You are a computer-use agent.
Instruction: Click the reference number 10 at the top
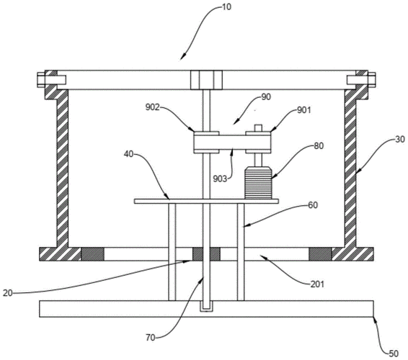(x=226, y=7)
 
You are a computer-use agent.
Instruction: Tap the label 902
(x=153, y=107)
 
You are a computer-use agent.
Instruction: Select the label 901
(x=304, y=110)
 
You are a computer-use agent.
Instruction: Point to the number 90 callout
(x=266, y=97)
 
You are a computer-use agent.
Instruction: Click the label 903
(x=221, y=179)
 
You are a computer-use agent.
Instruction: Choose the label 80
(x=319, y=146)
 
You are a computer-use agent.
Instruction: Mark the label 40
(x=128, y=154)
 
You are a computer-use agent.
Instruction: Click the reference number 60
(x=313, y=205)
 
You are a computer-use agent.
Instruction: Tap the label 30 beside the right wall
(x=400, y=140)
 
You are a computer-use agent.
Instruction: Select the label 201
(x=317, y=284)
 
